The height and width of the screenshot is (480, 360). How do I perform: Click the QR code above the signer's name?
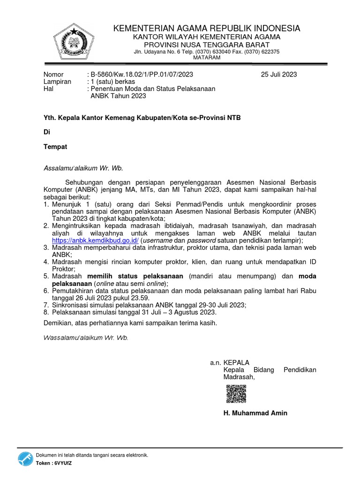coord(236,394)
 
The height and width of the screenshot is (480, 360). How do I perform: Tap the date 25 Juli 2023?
coord(279,75)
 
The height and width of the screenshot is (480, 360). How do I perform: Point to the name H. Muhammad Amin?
coord(255,413)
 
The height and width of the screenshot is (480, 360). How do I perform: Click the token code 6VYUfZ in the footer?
coord(63,463)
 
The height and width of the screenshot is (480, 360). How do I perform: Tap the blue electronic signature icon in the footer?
coord(25,459)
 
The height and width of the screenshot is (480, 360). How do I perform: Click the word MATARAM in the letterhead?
coord(207,57)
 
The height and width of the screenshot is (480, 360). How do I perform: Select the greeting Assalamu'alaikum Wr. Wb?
coord(83,168)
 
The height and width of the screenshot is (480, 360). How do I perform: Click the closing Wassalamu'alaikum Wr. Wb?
coord(85,337)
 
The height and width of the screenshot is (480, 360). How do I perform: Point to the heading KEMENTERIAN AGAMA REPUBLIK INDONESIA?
coord(207,29)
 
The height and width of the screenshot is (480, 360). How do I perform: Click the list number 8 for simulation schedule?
coord(45,312)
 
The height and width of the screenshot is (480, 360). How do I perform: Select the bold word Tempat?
coord(55,147)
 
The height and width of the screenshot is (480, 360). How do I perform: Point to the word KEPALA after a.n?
coord(237,362)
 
